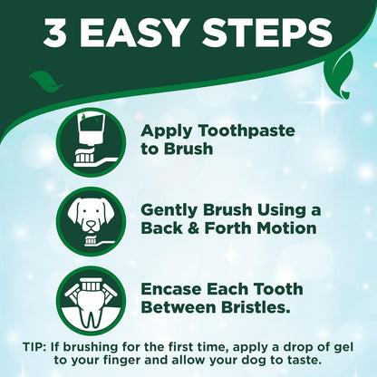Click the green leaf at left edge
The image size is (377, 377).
[x=41, y=82]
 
